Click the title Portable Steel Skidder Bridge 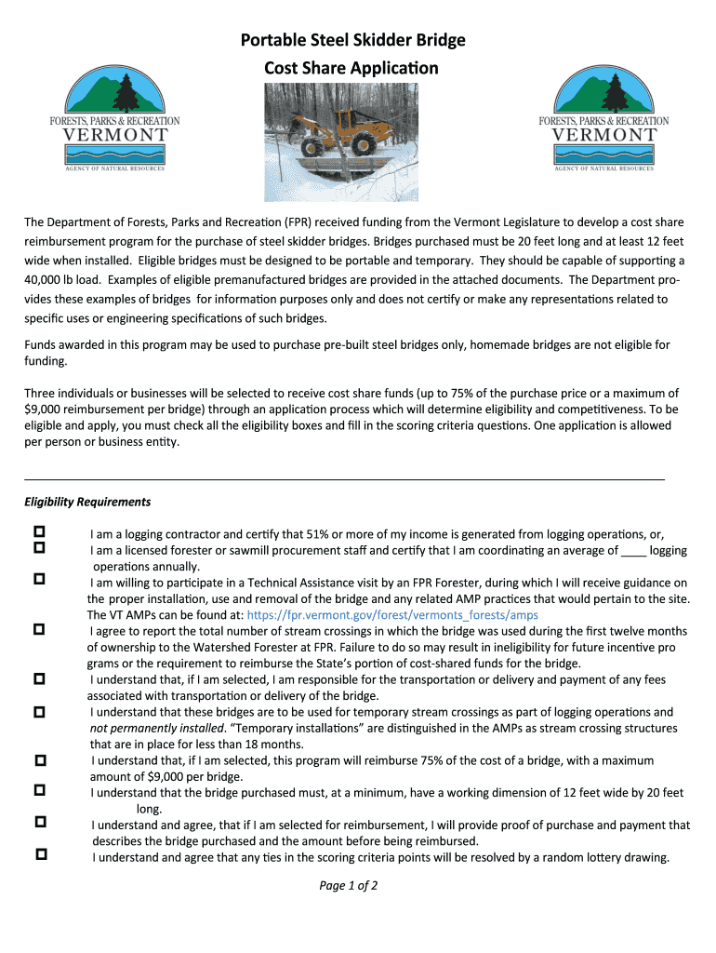click(352, 41)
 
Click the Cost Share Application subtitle click(351, 69)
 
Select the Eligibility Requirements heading click(87, 502)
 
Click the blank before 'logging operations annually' click(632, 550)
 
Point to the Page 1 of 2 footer click(348, 885)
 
